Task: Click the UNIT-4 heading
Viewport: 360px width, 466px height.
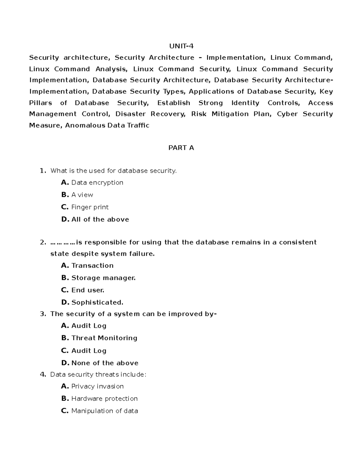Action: [181, 46]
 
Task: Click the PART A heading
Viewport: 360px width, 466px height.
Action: [181, 148]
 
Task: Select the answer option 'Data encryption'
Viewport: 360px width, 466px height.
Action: [97, 182]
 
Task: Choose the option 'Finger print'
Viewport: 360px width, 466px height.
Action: [90, 207]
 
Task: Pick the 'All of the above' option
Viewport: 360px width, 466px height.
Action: [100, 219]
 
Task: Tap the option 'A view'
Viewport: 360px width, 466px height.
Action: [82, 195]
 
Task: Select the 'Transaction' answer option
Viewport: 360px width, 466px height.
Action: [92, 266]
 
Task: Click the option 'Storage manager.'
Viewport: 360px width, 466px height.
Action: [103, 278]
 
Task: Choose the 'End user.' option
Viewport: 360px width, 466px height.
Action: [88, 290]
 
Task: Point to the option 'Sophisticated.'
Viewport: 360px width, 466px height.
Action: [97, 302]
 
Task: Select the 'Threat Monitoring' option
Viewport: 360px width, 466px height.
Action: [104, 338]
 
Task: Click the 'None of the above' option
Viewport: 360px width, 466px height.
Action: [105, 363]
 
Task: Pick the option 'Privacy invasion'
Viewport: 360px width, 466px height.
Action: [97, 386]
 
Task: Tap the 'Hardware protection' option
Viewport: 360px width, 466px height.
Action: [104, 398]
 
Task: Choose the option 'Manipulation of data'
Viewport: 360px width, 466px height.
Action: [104, 411]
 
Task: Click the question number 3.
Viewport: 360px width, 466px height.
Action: [43, 314]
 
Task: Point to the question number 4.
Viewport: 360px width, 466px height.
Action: [43, 374]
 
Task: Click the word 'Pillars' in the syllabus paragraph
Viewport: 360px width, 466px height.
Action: [40, 103]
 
